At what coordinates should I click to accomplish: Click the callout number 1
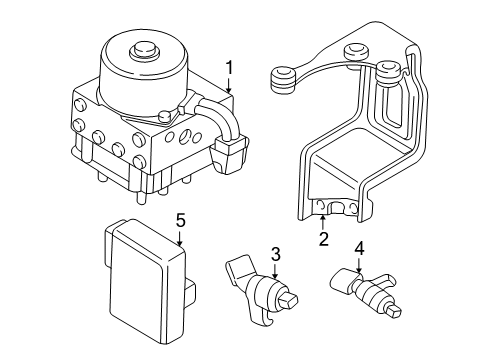pos(229,67)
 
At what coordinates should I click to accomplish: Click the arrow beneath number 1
pos(229,84)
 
